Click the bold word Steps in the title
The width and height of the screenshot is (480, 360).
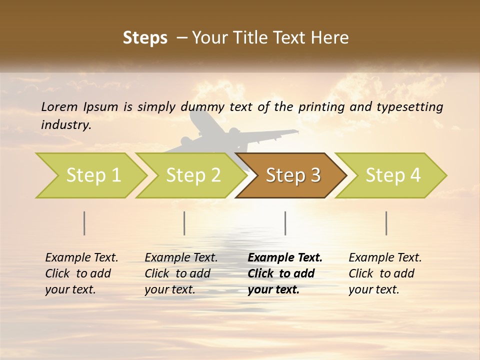click(x=145, y=38)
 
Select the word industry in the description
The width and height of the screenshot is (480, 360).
click(x=66, y=125)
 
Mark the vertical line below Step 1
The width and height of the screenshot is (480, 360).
click(x=84, y=223)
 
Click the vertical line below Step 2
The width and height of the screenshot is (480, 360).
click(x=184, y=223)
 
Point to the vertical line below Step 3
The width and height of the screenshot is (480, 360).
click(x=285, y=223)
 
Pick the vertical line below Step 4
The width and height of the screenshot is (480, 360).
click(x=386, y=223)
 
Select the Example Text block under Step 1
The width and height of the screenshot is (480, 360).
click(x=81, y=273)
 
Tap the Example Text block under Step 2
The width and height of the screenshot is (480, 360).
click(x=181, y=273)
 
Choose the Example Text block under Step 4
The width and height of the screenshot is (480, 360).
click(x=385, y=273)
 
